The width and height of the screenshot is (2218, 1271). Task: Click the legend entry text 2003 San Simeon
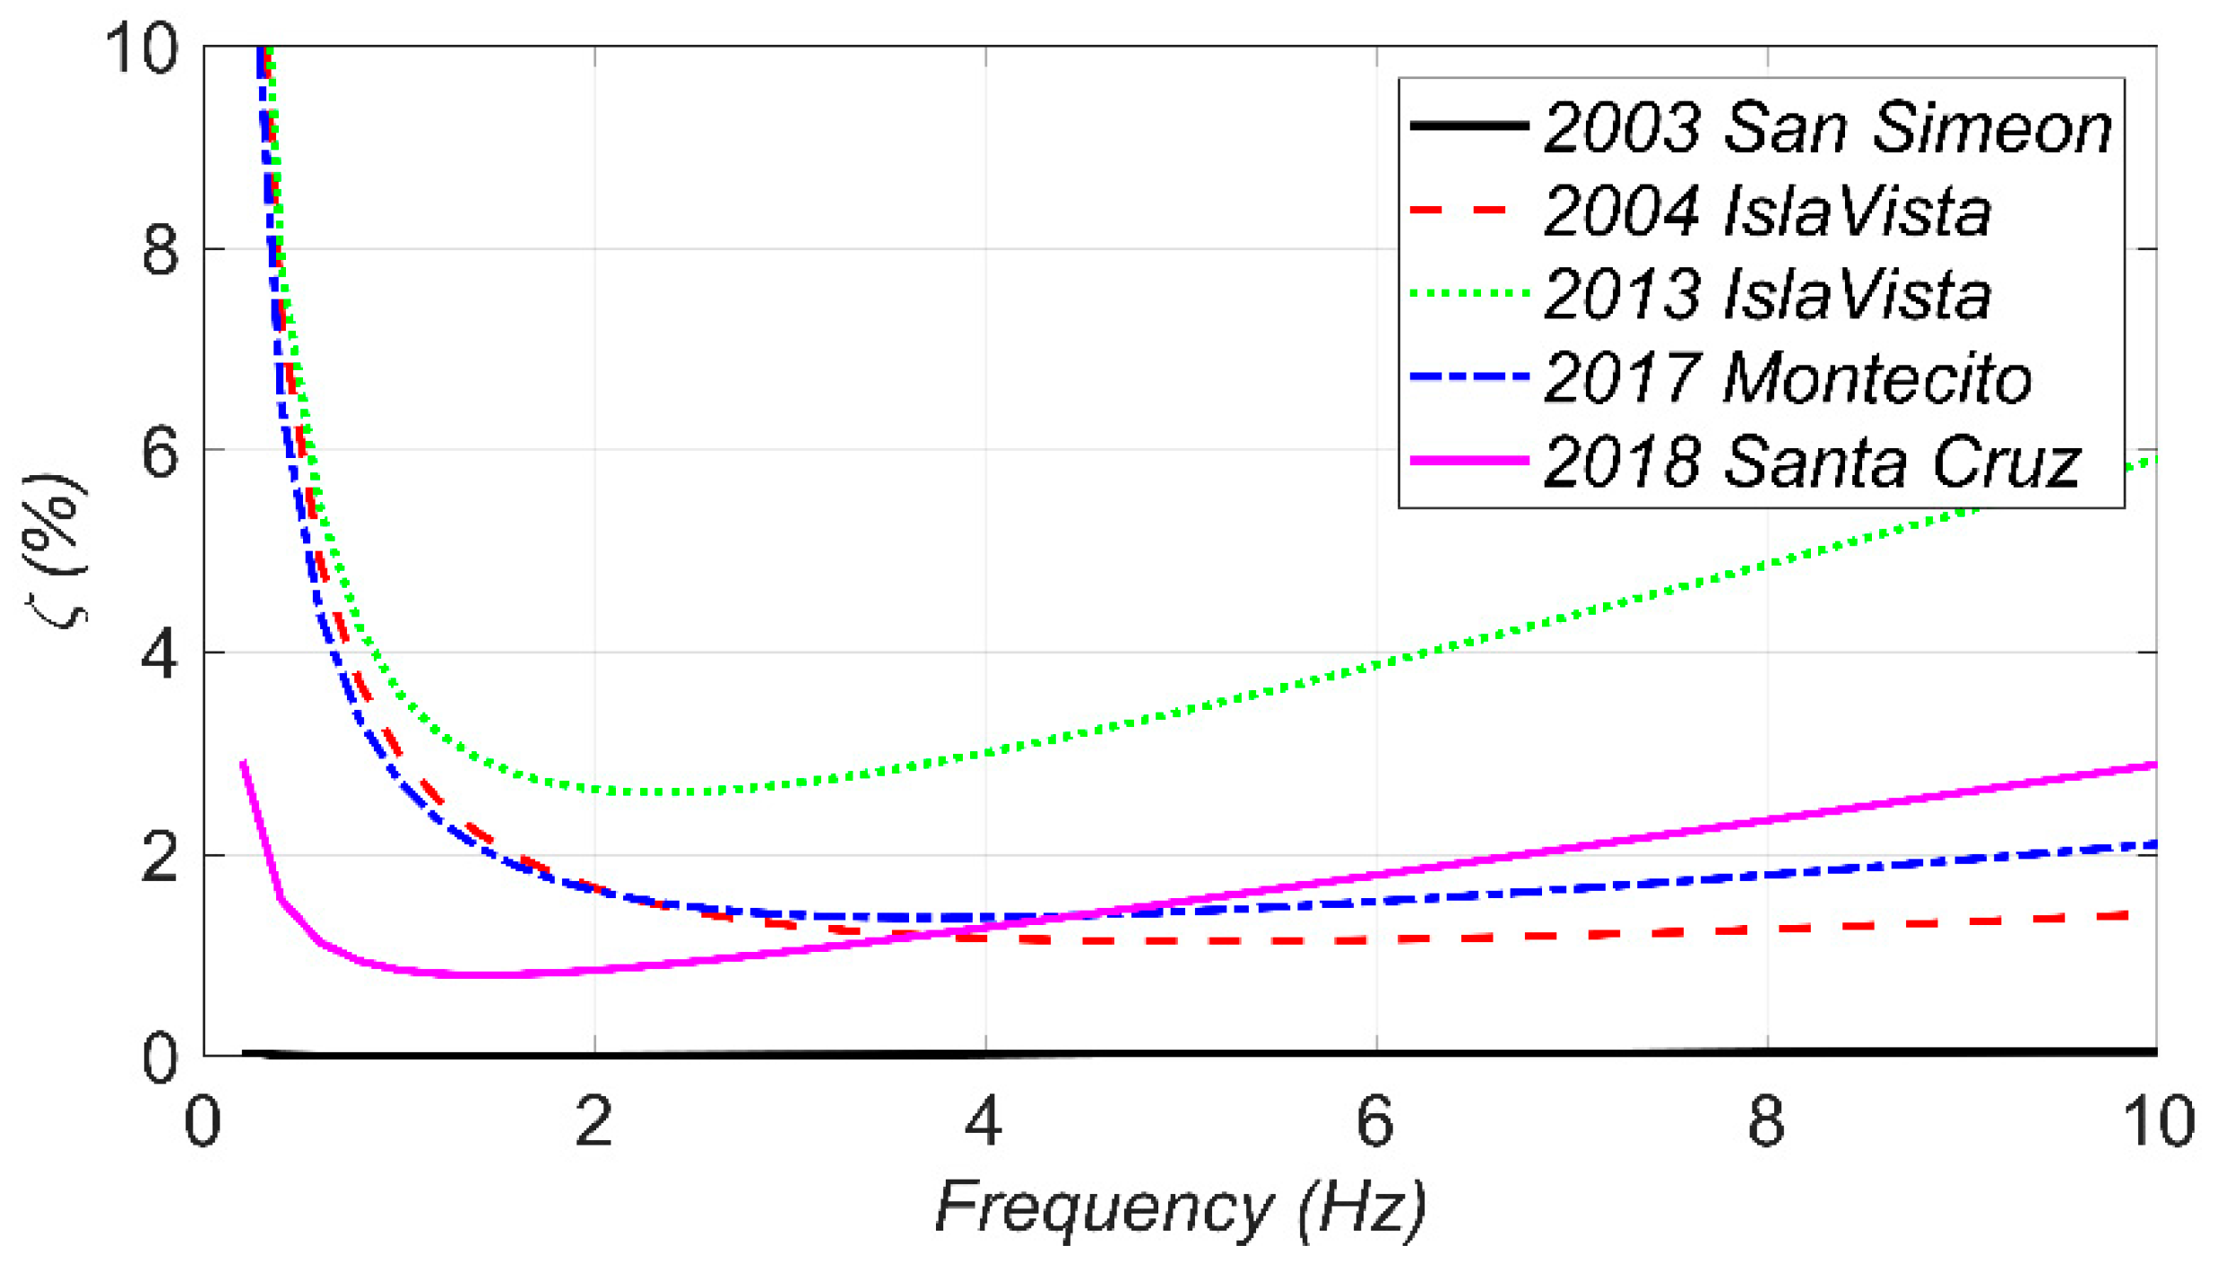point(1827,127)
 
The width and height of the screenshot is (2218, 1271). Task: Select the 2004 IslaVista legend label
point(1766,211)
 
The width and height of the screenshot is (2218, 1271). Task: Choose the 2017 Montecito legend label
point(1787,377)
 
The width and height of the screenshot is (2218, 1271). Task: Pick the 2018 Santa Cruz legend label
point(1811,462)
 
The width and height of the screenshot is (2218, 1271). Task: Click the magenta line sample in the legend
point(1469,461)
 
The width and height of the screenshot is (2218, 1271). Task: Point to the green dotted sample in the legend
point(1469,293)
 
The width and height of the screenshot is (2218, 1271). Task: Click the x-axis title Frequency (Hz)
point(1180,1208)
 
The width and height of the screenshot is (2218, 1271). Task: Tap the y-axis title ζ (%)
point(56,551)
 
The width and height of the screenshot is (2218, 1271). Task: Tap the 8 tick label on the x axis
point(1765,1121)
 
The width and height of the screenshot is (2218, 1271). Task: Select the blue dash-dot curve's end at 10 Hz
point(2153,844)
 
